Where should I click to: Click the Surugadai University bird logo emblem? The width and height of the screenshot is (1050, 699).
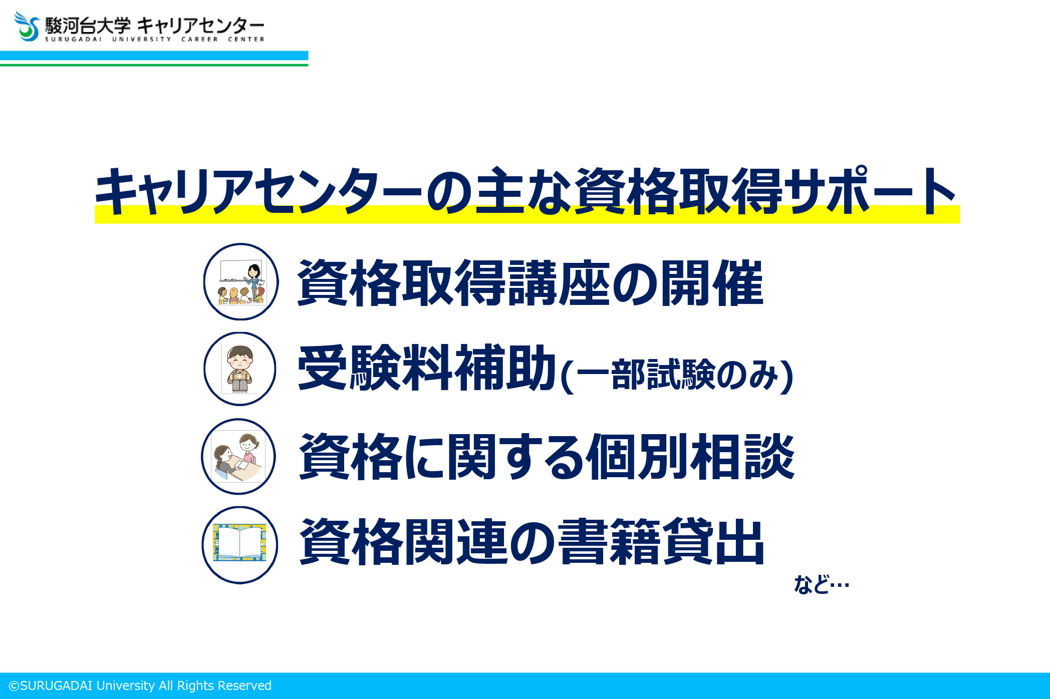point(27,27)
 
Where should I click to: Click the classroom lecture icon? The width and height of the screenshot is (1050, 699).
point(241,281)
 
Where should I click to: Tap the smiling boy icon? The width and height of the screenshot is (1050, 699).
point(240,369)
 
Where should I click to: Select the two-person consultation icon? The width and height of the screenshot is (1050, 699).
point(238,457)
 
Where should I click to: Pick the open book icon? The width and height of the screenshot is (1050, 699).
point(239,545)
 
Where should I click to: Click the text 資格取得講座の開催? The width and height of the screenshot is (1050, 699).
point(531,283)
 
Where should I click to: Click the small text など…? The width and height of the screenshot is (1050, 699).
point(822,584)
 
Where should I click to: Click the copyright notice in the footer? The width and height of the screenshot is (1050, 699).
point(140,685)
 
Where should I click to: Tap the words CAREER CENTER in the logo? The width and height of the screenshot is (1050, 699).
point(223,39)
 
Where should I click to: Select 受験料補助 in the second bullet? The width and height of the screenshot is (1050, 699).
point(427,368)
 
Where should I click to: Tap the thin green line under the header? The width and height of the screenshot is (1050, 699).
point(154,65)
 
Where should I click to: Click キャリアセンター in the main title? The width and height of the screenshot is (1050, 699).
point(258,191)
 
